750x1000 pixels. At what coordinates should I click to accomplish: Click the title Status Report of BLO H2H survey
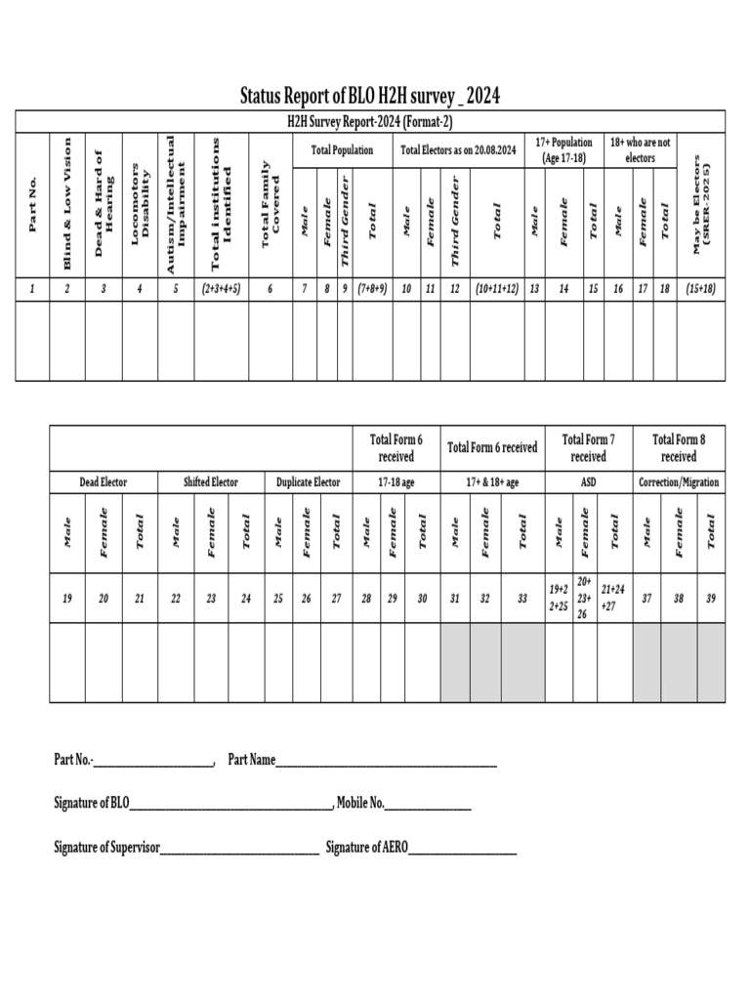tap(370, 96)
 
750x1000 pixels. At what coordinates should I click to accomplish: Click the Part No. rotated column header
tap(32, 204)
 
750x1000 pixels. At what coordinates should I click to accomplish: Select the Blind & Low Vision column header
tap(67, 204)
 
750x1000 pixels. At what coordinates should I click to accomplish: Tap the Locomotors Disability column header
tap(141, 204)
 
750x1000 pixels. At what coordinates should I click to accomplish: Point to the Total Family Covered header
tap(270, 204)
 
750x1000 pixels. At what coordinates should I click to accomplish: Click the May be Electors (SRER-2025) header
tap(702, 204)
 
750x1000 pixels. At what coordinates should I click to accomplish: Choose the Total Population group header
tap(342, 150)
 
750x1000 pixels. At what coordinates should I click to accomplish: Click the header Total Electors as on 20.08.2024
tap(459, 150)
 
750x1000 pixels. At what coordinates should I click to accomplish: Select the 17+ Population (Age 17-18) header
tap(563, 150)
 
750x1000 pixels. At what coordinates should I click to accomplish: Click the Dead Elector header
tap(103, 482)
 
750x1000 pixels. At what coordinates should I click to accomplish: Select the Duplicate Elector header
tap(308, 482)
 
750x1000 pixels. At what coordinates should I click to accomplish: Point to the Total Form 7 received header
tap(588, 448)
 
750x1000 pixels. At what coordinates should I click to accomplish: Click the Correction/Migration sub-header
tap(679, 482)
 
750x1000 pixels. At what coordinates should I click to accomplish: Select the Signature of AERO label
tap(366, 848)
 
